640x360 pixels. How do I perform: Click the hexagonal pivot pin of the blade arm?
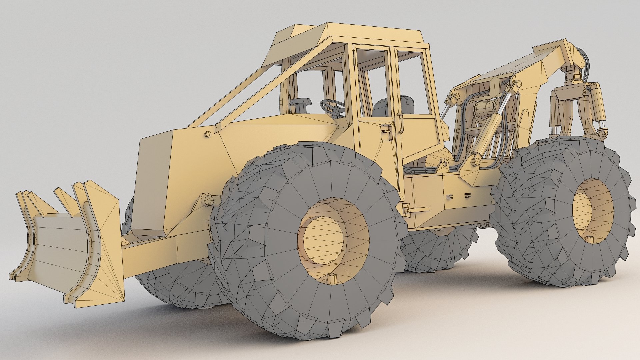tap(208, 200)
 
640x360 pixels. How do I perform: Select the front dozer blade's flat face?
tap(58, 247)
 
